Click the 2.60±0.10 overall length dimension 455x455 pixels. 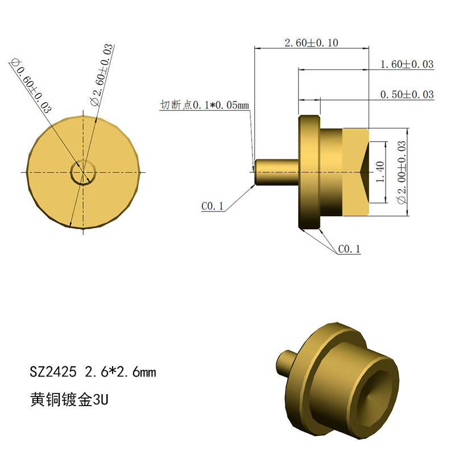311,43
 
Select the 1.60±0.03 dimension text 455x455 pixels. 407,64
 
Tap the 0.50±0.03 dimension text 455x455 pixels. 407,94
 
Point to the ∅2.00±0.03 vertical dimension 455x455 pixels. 402,172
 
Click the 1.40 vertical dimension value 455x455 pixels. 380,172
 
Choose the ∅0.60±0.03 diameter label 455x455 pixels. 31,86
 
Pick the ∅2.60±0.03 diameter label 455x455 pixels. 102,75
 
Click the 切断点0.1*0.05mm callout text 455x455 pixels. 205,105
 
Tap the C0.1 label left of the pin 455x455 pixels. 212,206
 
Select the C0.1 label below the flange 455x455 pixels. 349,249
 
